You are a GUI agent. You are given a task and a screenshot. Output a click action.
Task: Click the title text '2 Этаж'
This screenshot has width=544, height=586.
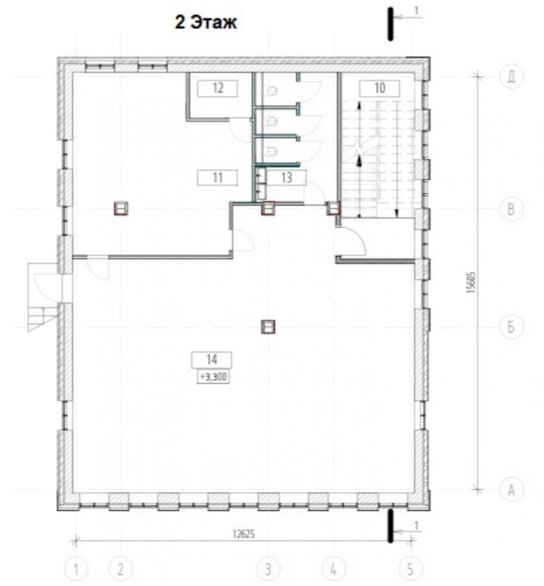[x=206, y=23]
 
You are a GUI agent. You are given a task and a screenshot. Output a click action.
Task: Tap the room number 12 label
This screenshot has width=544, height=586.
[x=218, y=88]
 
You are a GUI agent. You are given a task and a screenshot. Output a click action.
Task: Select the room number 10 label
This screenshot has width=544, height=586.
[x=380, y=88]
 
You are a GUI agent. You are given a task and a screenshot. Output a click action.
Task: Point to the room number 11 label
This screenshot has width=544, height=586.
[x=217, y=178]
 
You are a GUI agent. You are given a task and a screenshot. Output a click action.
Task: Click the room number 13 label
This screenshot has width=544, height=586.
[x=286, y=178]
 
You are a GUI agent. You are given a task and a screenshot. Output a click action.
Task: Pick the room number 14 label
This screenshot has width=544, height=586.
[x=212, y=360]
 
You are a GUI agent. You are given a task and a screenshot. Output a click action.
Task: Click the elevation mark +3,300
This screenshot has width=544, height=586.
[x=213, y=377]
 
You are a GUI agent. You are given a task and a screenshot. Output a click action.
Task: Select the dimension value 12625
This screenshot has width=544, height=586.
[x=243, y=534]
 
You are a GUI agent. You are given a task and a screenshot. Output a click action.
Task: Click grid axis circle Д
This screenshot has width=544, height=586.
[x=511, y=77]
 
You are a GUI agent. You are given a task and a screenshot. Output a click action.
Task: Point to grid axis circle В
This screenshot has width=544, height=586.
[x=511, y=209]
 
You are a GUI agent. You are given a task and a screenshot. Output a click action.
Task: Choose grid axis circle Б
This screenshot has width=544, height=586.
[x=511, y=327]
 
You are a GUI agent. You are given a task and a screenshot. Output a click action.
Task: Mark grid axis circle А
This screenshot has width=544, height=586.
[x=511, y=489]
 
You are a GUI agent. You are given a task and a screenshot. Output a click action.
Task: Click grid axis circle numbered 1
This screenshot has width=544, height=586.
[x=76, y=570]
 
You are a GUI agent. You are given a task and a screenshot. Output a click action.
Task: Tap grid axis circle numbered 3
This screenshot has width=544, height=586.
[x=268, y=570]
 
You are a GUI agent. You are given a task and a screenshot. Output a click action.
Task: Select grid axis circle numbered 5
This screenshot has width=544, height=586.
[x=411, y=570]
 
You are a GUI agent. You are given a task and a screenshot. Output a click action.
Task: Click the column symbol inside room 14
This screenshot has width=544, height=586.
[x=268, y=327]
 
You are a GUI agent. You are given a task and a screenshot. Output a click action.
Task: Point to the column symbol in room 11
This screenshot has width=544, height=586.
[x=121, y=209]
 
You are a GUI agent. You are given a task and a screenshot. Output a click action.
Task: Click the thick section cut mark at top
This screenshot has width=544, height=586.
[x=391, y=23]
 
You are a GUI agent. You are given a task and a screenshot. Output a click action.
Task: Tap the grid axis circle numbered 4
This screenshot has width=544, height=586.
[x=333, y=570]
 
